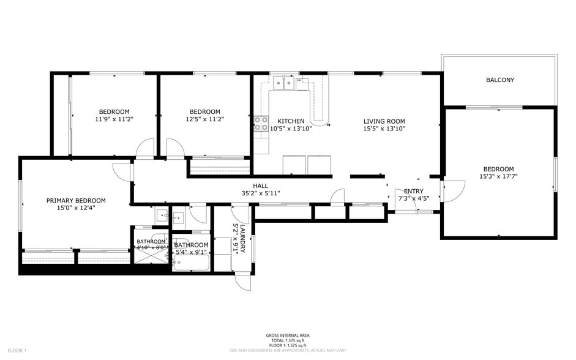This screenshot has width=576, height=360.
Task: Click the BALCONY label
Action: click(x=499, y=80)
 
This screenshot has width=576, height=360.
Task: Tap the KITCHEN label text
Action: click(x=291, y=121)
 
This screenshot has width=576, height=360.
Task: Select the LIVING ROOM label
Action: click(x=384, y=121)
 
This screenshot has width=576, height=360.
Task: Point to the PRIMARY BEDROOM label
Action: click(x=76, y=200)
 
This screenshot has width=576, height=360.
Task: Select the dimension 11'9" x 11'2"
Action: click(x=114, y=119)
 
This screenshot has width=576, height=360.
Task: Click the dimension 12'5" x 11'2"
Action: click(x=204, y=119)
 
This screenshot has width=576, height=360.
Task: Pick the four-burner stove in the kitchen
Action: click(x=261, y=123)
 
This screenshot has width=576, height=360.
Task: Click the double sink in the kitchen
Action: click(x=283, y=82)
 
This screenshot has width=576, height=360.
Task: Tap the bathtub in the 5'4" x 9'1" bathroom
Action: click(x=191, y=264)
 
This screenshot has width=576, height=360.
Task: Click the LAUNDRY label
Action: click(x=242, y=238)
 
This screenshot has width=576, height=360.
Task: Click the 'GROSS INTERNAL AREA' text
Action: click(x=288, y=336)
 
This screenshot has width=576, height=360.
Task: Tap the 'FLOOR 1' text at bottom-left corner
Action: click(x=16, y=350)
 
